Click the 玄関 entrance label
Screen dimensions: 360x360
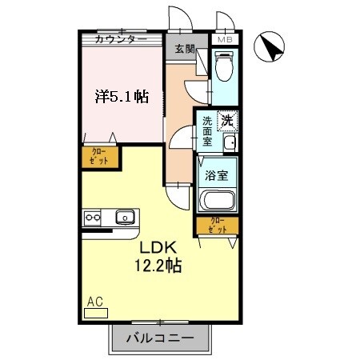(x=186, y=49)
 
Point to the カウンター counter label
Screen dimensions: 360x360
(x=120, y=39)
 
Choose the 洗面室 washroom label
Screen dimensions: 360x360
(x=207, y=130)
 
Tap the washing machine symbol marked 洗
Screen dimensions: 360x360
(x=227, y=122)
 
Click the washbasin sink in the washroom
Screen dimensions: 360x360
(x=230, y=143)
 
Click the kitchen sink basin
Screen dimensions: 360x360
(x=124, y=217)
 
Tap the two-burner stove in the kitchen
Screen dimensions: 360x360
(x=90, y=217)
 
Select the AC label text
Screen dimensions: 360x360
(x=94, y=302)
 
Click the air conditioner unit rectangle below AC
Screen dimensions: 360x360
(x=95, y=313)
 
